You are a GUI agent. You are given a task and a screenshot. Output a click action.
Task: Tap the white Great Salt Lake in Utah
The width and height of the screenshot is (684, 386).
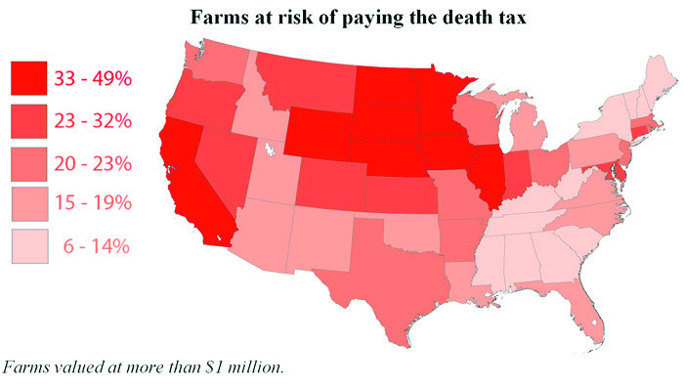click(x=266, y=150)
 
